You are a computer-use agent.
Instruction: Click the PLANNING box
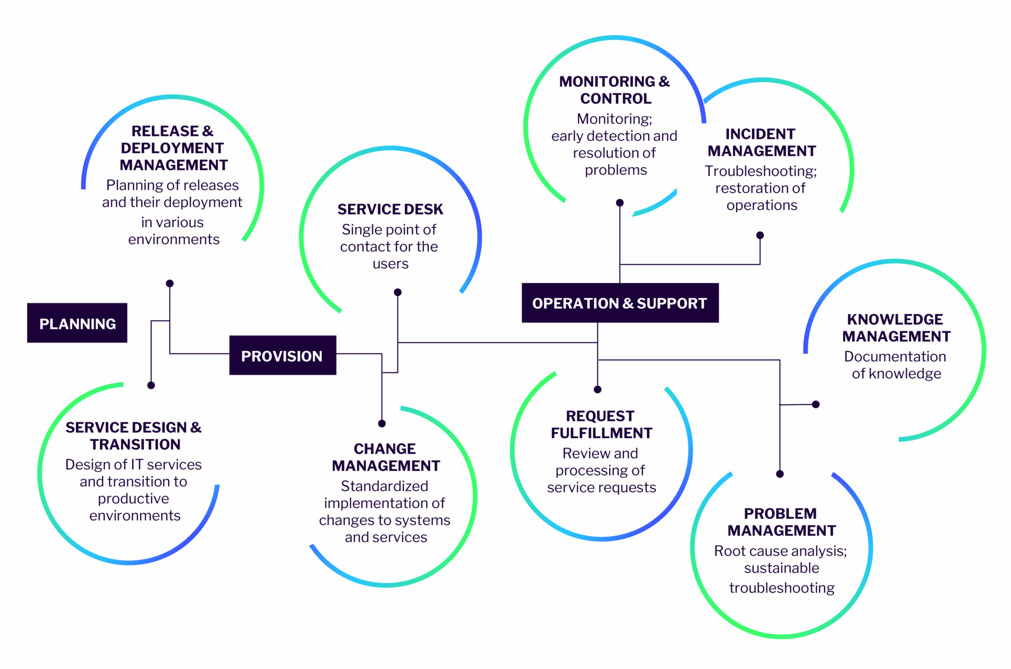click(x=77, y=323)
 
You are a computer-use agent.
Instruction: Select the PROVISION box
click(x=282, y=356)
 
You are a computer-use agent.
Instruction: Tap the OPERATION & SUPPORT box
click(x=620, y=303)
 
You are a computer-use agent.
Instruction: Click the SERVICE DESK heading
click(x=390, y=209)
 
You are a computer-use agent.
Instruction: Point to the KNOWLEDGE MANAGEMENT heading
click(x=896, y=328)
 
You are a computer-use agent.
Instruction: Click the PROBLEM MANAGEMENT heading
click(x=781, y=522)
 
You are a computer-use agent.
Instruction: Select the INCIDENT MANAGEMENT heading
click(x=761, y=142)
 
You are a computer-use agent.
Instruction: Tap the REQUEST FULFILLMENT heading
click(x=601, y=424)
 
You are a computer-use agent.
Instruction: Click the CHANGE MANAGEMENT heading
click(x=385, y=457)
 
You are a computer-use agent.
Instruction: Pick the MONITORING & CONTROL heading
click(x=614, y=90)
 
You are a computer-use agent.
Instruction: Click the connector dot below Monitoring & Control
click(x=620, y=203)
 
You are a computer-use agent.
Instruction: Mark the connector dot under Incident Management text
click(x=760, y=235)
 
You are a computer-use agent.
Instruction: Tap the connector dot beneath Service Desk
click(x=398, y=292)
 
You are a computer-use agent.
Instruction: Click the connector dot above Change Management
click(x=382, y=424)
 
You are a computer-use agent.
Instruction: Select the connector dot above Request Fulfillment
click(x=597, y=390)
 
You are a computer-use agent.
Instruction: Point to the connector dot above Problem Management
click(x=780, y=474)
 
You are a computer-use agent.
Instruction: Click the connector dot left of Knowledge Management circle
click(x=816, y=405)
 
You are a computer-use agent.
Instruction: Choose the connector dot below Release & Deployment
click(x=170, y=283)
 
